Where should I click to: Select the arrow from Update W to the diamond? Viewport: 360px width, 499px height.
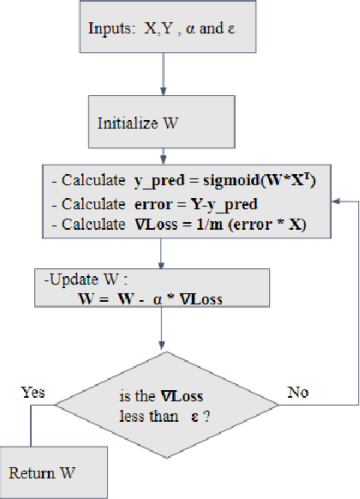click(x=161, y=330)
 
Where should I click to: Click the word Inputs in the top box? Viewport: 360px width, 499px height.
click(x=108, y=29)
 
